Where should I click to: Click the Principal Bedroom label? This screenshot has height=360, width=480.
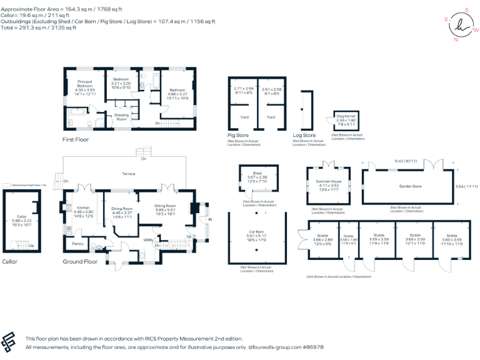(x=84, y=83)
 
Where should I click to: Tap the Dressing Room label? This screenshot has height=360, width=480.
(x=121, y=117)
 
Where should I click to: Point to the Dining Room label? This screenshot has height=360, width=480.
(x=122, y=209)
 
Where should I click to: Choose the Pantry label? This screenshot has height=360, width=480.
(x=78, y=243)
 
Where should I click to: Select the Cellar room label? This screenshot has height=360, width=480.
(x=21, y=216)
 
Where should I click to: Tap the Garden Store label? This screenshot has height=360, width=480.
(x=409, y=186)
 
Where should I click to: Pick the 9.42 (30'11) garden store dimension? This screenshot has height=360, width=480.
(x=410, y=161)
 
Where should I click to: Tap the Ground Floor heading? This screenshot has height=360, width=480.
(x=80, y=262)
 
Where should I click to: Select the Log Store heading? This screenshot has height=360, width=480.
(x=304, y=135)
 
